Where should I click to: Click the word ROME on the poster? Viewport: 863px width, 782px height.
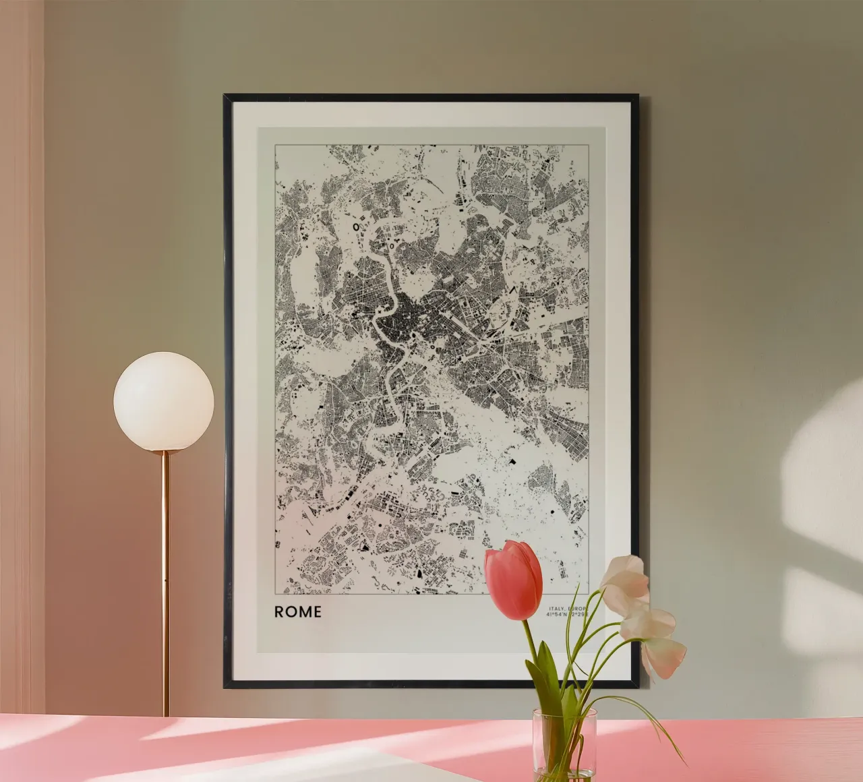[297, 611]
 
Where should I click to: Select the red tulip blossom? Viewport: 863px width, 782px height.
[514, 580]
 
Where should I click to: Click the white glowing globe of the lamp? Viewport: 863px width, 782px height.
[163, 400]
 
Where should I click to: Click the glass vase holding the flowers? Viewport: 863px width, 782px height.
[564, 742]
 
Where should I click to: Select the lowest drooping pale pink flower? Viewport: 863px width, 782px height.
[664, 657]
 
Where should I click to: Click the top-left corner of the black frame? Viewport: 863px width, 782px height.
[225, 96]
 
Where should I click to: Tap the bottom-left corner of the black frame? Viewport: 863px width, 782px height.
[226, 686]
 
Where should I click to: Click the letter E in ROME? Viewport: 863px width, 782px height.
[316, 611]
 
